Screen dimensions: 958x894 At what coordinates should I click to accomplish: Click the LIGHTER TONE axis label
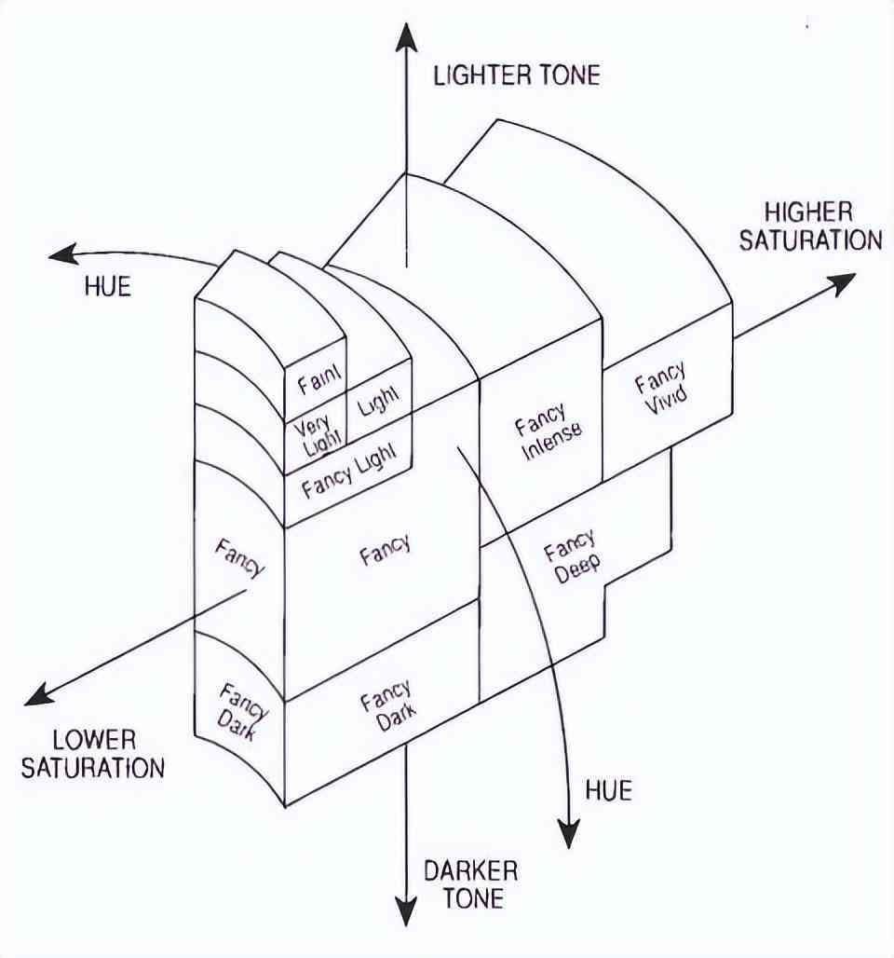click(x=516, y=75)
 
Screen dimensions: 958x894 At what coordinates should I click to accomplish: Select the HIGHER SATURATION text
click(x=809, y=226)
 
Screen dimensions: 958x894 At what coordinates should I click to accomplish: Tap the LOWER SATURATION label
click(x=93, y=754)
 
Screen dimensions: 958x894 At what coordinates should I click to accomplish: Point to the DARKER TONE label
click(x=470, y=884)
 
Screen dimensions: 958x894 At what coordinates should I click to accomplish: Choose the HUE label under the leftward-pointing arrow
click(x=108, y=286)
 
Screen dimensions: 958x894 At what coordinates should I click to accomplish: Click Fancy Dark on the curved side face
click(x=238, y=714)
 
